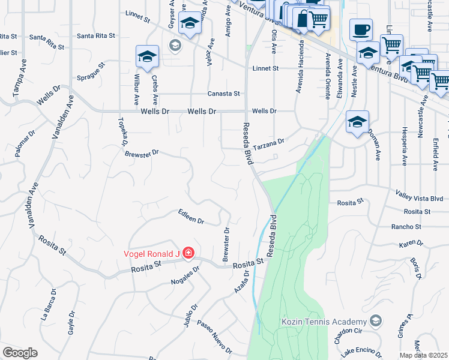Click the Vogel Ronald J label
[152, 254]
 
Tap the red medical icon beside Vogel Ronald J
[188, 254]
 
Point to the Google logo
[20, 353]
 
